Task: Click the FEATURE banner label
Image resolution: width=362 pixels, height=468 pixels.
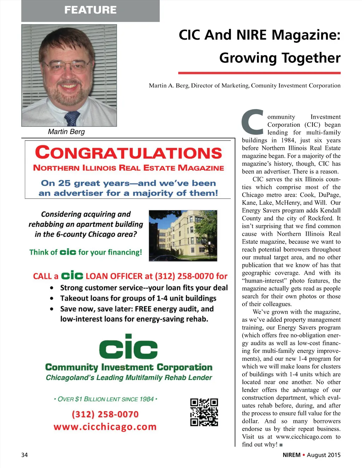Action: coord(90,10)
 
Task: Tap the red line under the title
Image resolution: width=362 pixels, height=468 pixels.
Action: coord(259,73)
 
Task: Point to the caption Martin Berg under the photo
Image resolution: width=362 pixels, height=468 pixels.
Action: coord(66,132)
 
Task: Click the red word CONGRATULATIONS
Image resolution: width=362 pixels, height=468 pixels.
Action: coord(128,153)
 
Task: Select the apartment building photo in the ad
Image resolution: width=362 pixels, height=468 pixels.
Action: coord(183,236)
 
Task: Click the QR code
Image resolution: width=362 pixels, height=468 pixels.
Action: coord(204,412)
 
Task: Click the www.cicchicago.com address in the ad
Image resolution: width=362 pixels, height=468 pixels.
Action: coord(105,427)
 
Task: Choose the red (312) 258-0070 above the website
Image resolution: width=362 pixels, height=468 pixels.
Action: coord(105,414)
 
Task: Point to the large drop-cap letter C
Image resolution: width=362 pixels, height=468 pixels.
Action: coord(253,122)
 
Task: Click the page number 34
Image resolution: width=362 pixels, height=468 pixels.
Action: coord(24,455)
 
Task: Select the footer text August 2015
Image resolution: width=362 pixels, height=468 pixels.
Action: coord(323,455)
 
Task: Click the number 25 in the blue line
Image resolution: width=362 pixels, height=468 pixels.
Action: coord(64,183)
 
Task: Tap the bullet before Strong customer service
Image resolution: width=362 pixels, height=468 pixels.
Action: coord(52,288)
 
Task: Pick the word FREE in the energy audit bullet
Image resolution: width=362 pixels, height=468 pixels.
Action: coord(143,309)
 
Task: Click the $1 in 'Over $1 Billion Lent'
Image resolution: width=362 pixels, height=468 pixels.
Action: coord(78,399)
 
